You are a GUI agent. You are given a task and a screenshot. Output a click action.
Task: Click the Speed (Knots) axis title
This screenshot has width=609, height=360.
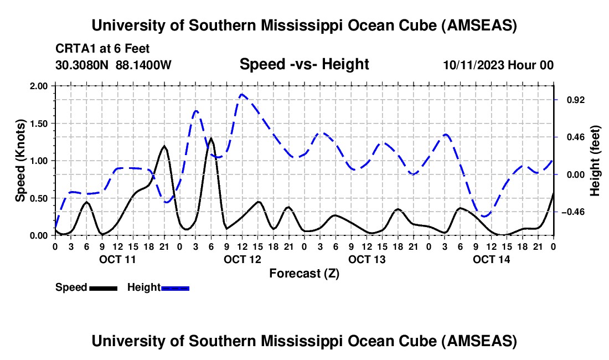20,161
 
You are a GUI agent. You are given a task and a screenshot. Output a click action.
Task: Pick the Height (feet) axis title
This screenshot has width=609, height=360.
595,161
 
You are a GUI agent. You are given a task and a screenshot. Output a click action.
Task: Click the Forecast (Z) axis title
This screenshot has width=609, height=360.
304,273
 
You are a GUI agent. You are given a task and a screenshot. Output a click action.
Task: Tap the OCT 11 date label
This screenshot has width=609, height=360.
117,259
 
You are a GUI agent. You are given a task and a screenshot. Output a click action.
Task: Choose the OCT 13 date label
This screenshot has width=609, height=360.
367,259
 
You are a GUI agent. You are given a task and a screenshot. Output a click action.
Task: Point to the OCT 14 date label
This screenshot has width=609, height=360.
491,259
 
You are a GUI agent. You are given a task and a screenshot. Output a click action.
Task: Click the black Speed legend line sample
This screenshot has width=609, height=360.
102,287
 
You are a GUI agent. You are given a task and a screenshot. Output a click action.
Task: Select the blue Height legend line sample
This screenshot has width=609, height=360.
175,287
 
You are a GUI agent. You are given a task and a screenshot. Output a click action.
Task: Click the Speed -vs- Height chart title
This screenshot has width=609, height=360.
304,64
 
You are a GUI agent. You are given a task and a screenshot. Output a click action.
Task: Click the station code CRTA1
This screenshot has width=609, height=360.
74,49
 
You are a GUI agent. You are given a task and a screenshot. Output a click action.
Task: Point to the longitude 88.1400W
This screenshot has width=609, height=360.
144,65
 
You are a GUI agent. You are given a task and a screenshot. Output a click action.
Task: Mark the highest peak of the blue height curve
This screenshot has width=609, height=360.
242,95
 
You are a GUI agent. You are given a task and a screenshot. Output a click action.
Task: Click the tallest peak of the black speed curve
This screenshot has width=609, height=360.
210,138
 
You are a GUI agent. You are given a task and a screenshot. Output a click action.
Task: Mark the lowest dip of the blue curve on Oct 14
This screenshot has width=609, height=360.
485,216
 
